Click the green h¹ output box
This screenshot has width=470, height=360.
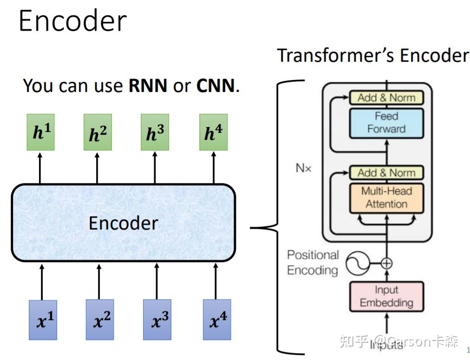tap(41, 132)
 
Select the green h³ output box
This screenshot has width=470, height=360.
tap(155, 132)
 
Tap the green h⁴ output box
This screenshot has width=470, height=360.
tap(213, 132)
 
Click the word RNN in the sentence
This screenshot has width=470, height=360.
tap(148, 86)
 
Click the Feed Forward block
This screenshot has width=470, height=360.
tap(386, 123)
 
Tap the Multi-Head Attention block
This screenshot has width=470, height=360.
tap(386, 197)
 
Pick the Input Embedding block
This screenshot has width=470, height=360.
tap(386, 296)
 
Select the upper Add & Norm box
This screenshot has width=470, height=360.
tap(386, 98)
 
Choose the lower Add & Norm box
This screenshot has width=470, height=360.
tap(386, 173)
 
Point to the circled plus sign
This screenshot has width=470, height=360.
tap(386, 263)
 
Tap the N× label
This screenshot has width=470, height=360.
tap(303, 168)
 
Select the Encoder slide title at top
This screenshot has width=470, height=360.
tap(72, 21)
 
